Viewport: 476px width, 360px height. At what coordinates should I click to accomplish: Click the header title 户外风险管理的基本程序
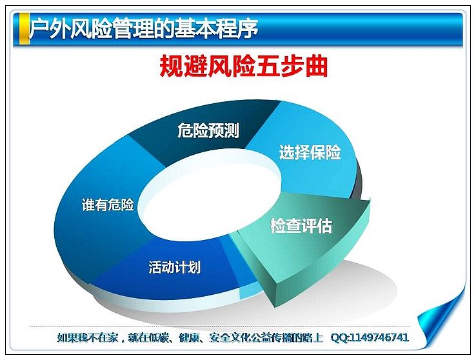click(x=143, y=28)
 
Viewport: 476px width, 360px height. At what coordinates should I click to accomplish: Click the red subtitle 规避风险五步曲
click(x=243, y=66)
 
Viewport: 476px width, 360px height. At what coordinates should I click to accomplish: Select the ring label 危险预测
click(x=208, y=130)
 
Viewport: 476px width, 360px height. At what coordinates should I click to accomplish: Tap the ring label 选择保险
click(x=310, y=152)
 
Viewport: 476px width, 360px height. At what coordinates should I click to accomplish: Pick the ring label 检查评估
click(x=301, y=226)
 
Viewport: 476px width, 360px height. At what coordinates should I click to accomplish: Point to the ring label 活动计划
click(x=175, y=267)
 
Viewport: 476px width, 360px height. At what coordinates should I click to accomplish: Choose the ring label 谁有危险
click(x=108, y=205)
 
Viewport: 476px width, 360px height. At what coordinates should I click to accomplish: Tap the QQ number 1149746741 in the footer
click(x=379, y=337)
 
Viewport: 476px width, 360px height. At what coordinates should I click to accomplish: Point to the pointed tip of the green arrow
click(x=275, y=306)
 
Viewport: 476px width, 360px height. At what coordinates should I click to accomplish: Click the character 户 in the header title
click(x=39, y=29)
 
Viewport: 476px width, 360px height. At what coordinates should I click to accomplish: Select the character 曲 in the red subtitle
click(x=317, y=66)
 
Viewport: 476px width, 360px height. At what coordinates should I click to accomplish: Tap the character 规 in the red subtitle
click(x=171, y=66)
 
